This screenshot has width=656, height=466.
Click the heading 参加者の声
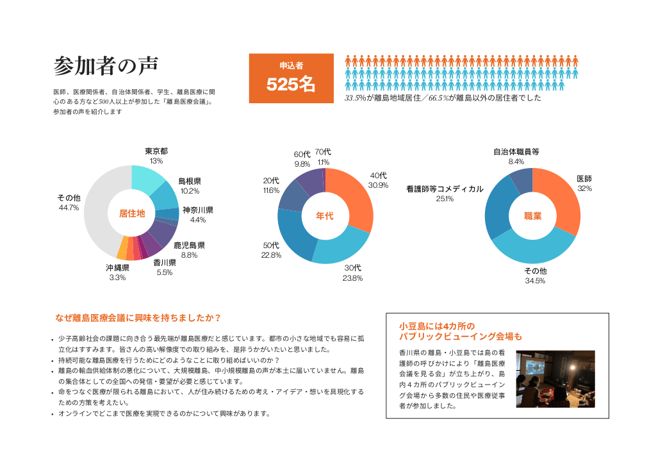106,66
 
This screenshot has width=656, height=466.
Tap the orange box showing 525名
291,78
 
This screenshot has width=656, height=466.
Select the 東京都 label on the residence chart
156,151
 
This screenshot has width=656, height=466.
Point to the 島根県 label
190,181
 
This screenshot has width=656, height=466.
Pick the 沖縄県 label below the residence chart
117,268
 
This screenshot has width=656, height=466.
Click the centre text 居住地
132,213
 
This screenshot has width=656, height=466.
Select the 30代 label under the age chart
352,268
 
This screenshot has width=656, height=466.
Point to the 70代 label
323,152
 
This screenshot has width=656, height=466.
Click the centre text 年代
325,216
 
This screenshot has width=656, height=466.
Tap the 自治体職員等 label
516,152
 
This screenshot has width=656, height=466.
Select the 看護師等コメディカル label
445,189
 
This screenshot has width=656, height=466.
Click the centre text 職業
532,216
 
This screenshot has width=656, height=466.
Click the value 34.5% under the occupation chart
534,281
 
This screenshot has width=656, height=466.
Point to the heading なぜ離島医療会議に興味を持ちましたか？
138,317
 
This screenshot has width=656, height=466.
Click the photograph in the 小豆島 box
555,379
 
